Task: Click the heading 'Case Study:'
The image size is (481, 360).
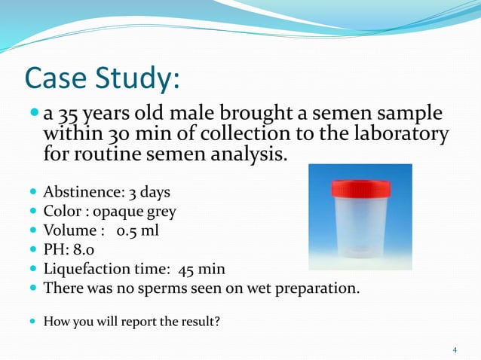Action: (x=102, y=78)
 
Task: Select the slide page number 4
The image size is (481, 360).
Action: (x=455, y=350)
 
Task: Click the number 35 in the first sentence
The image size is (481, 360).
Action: (x=68, y=115)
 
